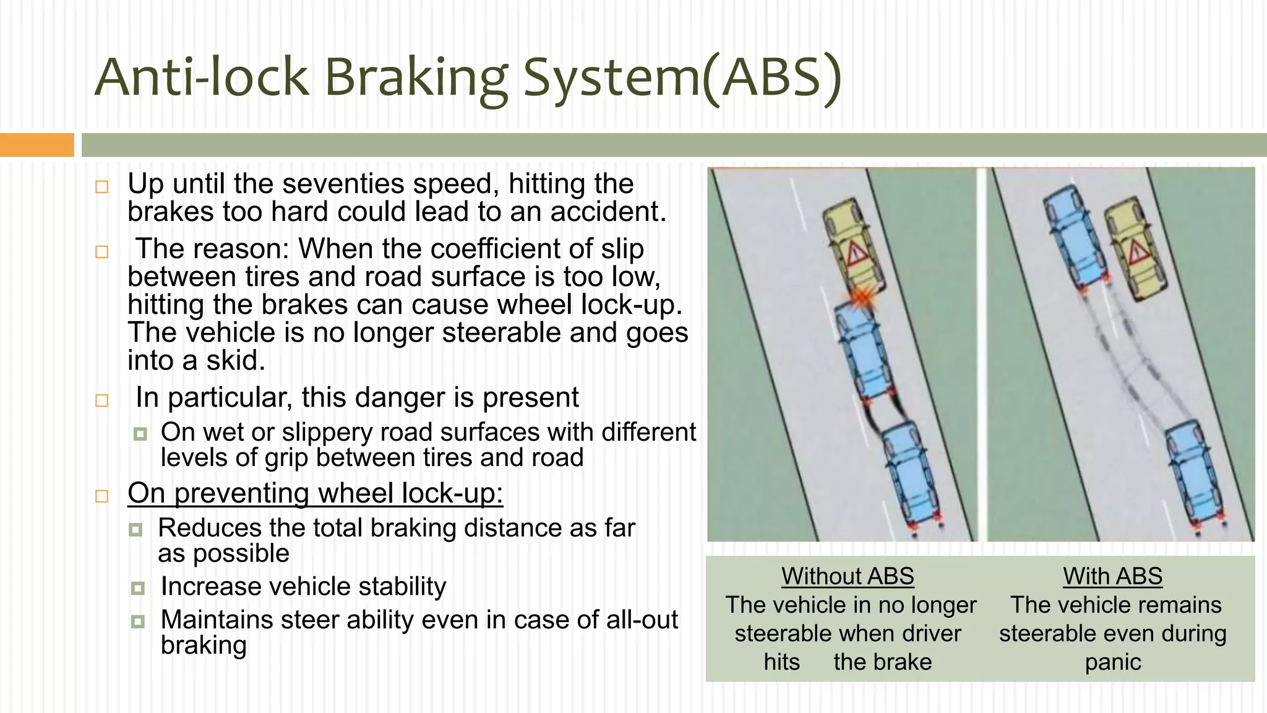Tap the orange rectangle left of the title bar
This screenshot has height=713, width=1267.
(x=37, y=145)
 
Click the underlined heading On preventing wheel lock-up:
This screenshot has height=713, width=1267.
(x=315, y=493)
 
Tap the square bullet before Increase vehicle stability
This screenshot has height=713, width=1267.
(x=138, y=587)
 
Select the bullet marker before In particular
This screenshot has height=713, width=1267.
(x=102, y=400)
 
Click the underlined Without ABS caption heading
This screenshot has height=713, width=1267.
(x=848, y=576)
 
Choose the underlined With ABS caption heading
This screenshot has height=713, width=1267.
(x=1112, y=576)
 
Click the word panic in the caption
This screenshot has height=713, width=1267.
(x=1112, y=662)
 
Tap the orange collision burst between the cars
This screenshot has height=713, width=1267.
(x=861, y=299)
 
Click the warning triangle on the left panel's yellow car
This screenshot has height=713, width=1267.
(x=856, y=254)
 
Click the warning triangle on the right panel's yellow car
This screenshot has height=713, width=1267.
(x=1137, y=253)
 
